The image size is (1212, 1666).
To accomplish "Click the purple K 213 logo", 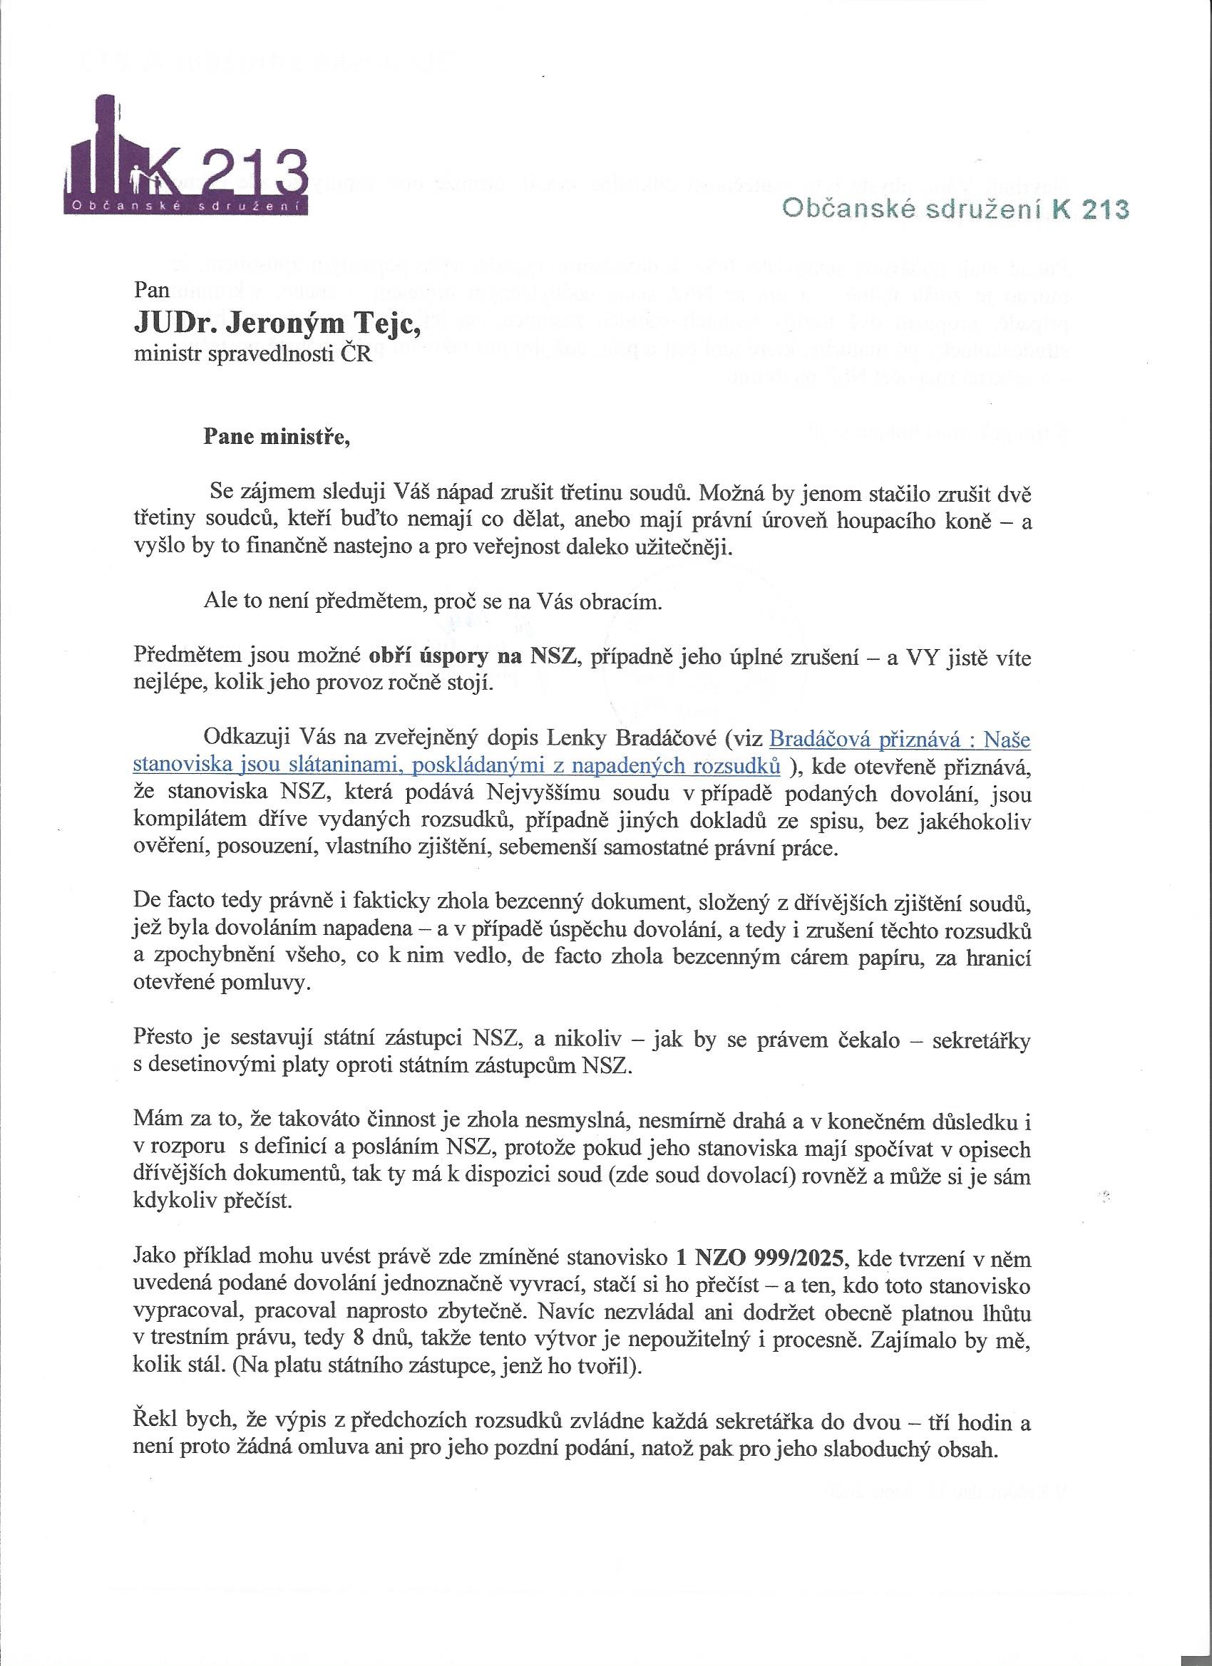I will pyautogui.click(x=186, y=163).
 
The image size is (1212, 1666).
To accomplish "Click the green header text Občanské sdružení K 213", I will pyautogui.click(x=955, y=209).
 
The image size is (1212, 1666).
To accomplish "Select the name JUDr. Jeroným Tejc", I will pyautogui.click(x=277, y=324).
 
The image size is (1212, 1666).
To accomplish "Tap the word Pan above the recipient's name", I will pyautogui.click(x=152, y=289).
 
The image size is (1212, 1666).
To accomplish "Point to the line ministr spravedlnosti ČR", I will pyautogui.click(x=254, y=357).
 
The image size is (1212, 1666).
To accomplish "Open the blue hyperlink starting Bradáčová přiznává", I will pyautogui.click(x=900, y=738).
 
